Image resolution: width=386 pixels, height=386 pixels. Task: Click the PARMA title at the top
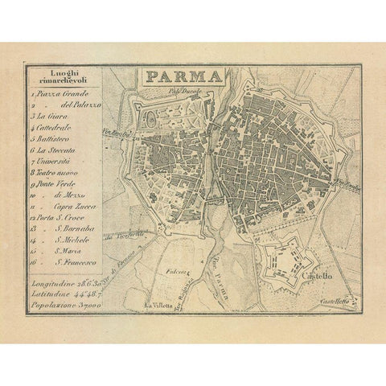183,77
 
